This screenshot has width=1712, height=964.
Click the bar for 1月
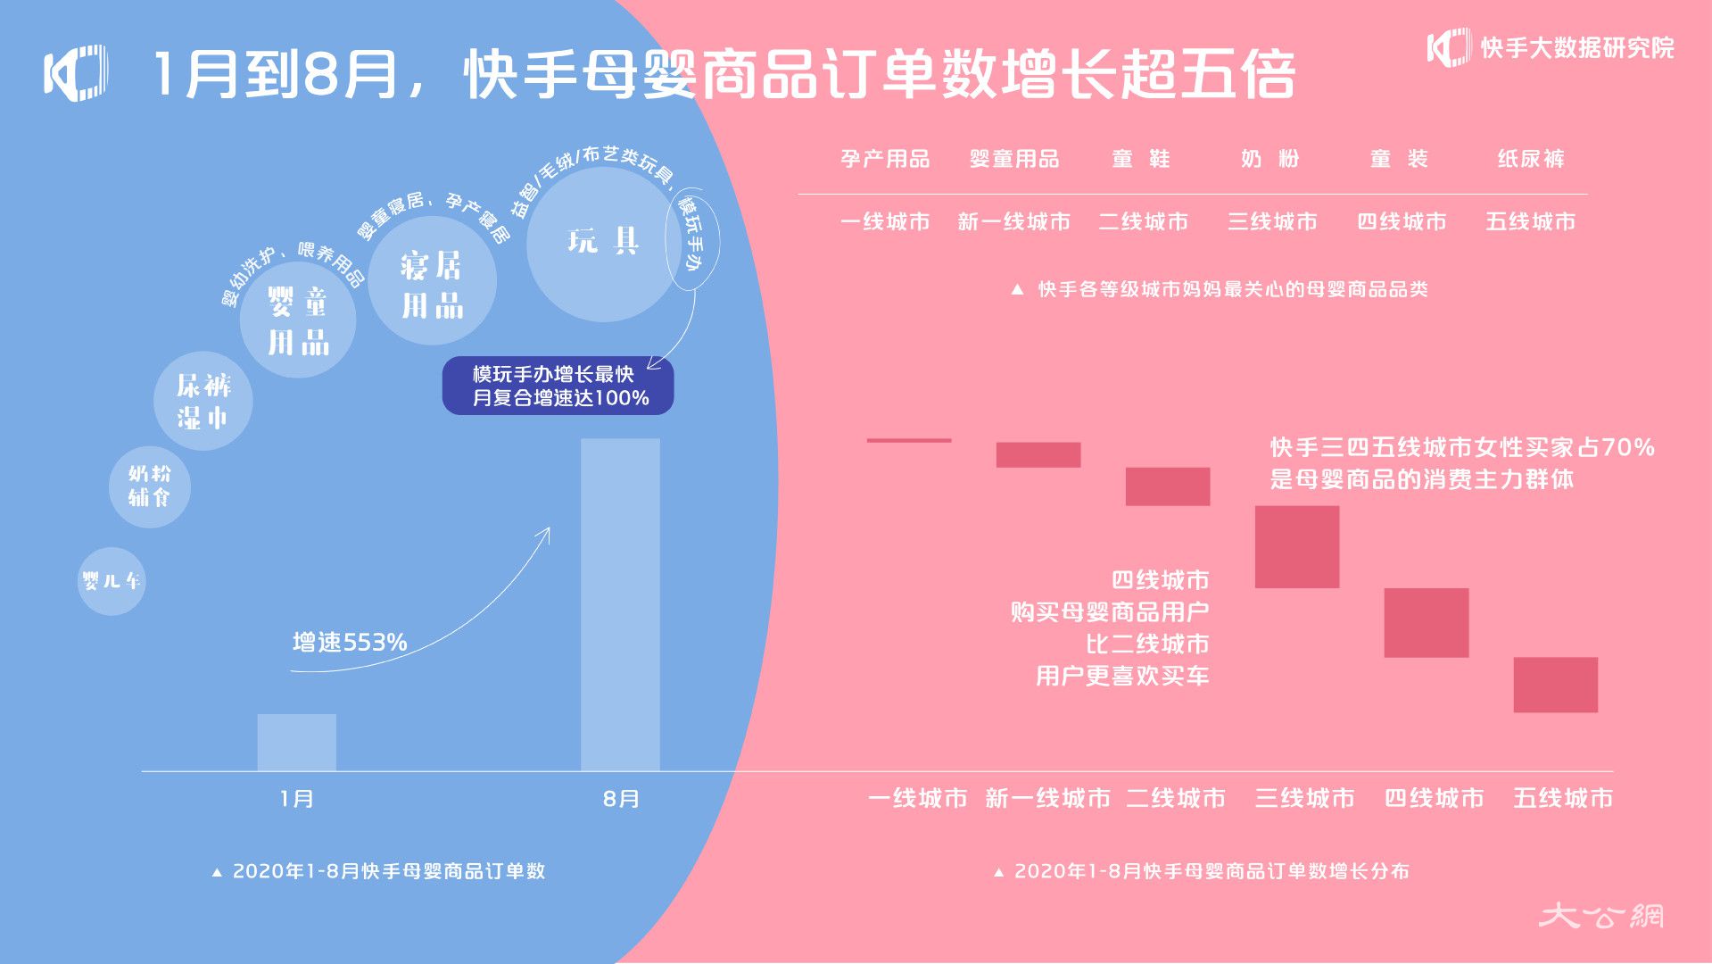pos(297,742)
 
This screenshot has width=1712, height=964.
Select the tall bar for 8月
pos(620,604)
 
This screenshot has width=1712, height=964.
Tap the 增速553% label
pos(350,642)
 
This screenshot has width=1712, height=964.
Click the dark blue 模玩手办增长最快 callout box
pos(558,386)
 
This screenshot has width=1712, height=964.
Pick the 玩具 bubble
pos(604,244)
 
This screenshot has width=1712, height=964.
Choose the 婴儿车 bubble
pos(111,581)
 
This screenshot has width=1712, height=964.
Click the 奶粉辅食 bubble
pos(149,486)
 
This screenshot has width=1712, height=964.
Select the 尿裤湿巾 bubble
pos(203,401)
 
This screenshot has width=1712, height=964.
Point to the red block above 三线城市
pos(1297,546)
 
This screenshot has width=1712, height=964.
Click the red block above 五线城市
pos(1556,685)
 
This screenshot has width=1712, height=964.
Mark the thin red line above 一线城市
pos(909,440)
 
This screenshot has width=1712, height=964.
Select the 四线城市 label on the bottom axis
pos(1434,798)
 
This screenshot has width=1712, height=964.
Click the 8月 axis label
pos(621,799)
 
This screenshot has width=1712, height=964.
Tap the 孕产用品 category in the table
pos(885,159)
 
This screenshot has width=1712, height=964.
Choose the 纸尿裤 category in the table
pos(1531,159)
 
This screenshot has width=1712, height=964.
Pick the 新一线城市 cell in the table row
pos(1014,221)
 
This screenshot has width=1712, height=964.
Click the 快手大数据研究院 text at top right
pos(1577,47)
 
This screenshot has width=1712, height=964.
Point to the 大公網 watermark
pos(1601,915)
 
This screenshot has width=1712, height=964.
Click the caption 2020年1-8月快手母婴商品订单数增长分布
pos(1202,871)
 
